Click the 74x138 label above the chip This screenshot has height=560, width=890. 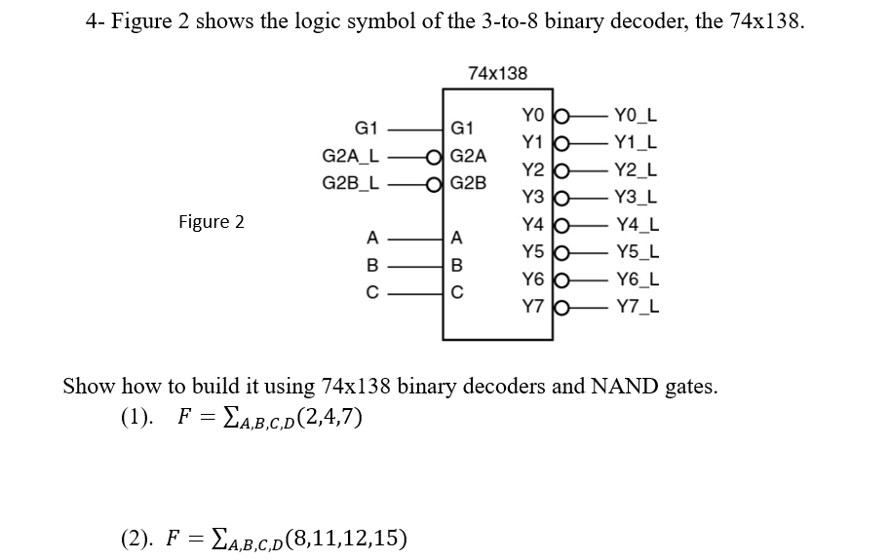pyautogui.click(x=497, y=73)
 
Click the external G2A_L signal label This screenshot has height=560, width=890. pyautogui.click(x=351, y=156)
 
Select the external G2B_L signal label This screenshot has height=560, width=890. pyautogui.click(x=351, y=182)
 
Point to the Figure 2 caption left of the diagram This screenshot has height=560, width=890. pyautogui.click(x=212, y=222)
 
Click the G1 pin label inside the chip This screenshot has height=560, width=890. pyautogui.click(x=462, y=129)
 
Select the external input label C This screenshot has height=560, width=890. pyautogui.click(x=371, y=290)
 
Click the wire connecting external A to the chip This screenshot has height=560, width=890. pyautogui.click(x=414, y=237)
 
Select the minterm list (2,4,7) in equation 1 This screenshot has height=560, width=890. pyautogui.click(x=323, y=418)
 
